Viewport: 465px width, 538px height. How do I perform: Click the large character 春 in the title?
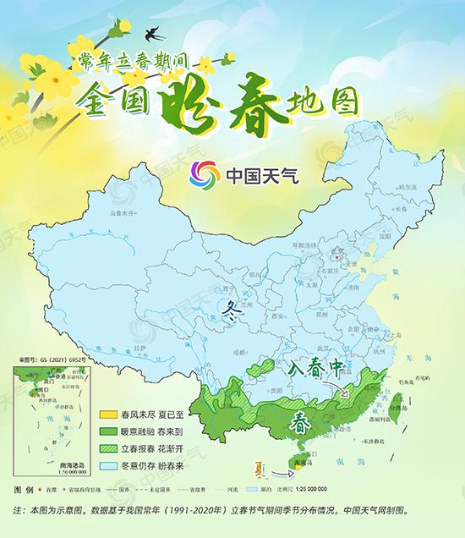243,100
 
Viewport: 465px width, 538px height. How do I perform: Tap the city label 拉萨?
141,347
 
